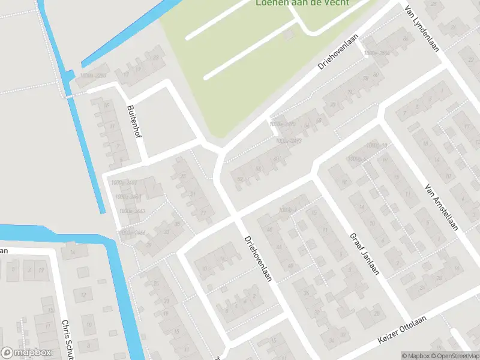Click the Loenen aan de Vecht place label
[302, 2]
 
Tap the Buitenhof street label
[134, 122]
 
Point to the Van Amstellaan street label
[441, 207]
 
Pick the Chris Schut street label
[67, 339]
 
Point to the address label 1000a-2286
[93, 76]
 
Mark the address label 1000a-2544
[377, 53]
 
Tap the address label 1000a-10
[377, 146]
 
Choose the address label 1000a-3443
[132, 211]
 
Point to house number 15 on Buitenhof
[106, 106]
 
